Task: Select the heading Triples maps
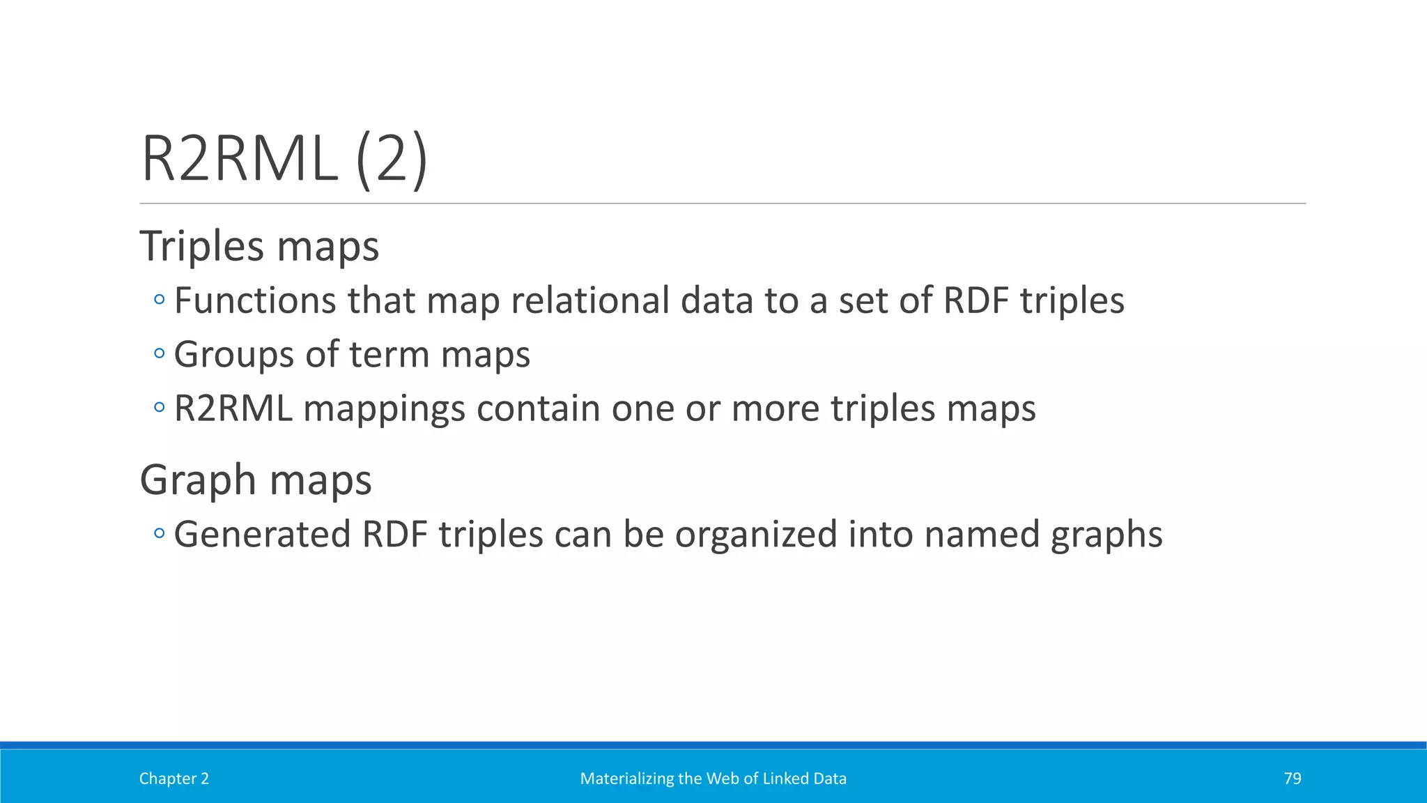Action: [259, 246]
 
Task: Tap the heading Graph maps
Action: [256, 480]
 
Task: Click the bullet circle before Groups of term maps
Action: [160, 353]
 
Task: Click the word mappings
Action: [384, 408]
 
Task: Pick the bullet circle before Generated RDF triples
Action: [160, 534]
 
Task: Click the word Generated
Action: [262, 535]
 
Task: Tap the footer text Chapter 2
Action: [174, 779]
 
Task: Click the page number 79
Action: [1293, 779]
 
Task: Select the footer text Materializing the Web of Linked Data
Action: [713, 779]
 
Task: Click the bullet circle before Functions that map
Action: [160, 300]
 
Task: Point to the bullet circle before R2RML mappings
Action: [160, 407]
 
